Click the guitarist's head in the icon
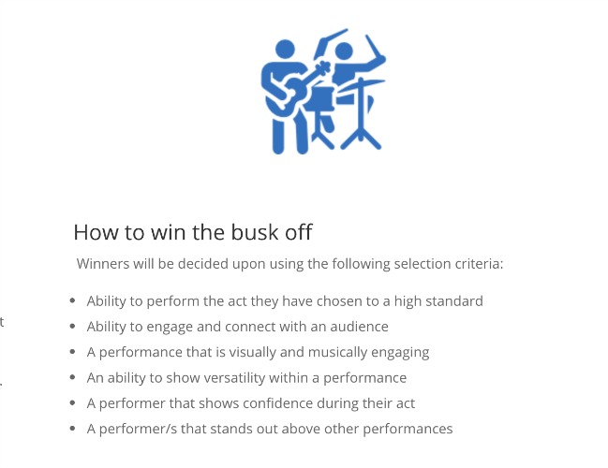pos(285,50)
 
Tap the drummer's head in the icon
pos(344,51)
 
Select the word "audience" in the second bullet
pos(359,327)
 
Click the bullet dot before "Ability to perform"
pos(72,300)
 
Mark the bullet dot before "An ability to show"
pos(72,377)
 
